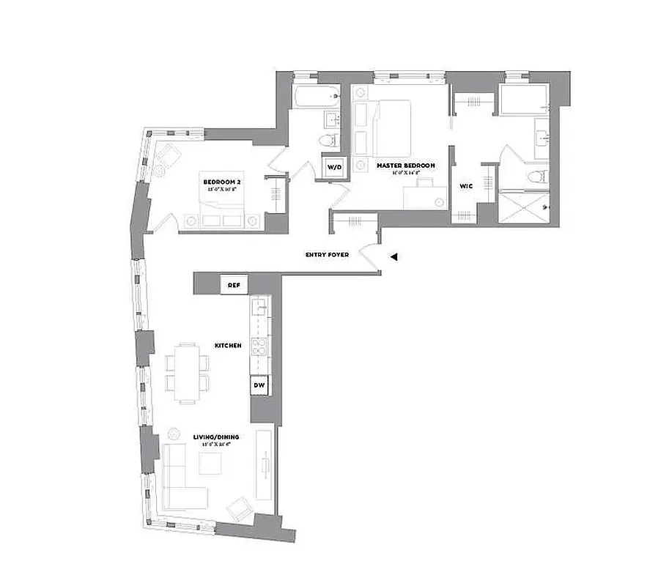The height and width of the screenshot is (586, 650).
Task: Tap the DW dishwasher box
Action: pos(259,384)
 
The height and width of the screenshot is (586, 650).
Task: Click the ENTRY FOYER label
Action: pos(327,255)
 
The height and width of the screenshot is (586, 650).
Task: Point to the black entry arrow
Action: pos(394,257)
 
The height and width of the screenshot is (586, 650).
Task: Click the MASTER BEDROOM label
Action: pos(405,166)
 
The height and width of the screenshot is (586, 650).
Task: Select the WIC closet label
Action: pos(465,187)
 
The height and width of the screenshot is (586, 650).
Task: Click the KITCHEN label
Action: pos(227,344)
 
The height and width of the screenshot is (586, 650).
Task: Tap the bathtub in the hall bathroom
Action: pos(314,95)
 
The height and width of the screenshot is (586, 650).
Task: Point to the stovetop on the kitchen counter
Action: pos(260,347)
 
